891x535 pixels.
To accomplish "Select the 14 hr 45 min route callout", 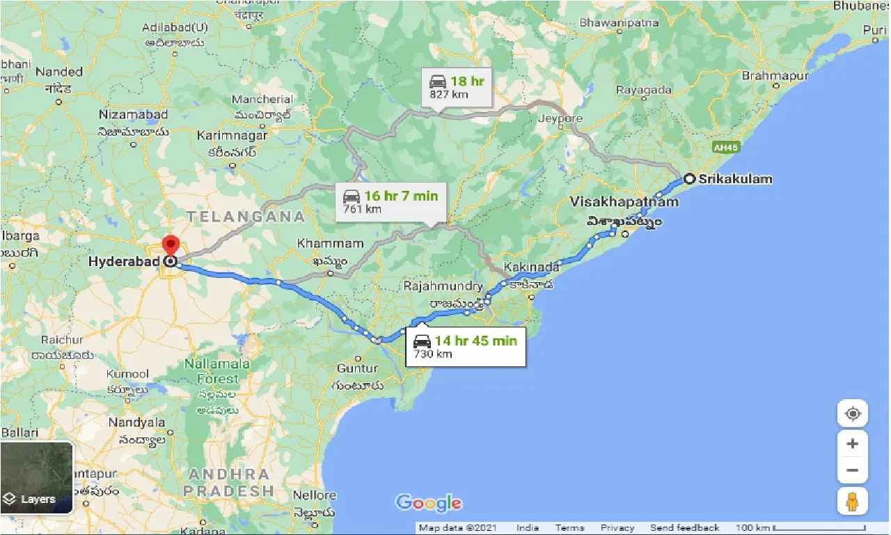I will pos(466,347).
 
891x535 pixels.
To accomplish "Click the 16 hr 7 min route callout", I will pos(388,202).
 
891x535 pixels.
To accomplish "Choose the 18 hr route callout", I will pos(456,87).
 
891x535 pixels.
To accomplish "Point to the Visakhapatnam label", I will pos(624,202).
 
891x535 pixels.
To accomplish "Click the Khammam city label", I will pos(330,244).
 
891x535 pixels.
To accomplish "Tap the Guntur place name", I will pos(356,368).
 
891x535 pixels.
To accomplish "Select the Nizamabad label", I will pos(134,114).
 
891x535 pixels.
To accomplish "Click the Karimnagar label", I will pos(232,134).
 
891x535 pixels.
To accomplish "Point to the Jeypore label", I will pos(560,118).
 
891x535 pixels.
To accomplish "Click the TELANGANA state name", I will pos(245,217).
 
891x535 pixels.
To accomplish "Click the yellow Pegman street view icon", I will pos(852,501).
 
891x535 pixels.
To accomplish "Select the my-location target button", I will pos(852,414).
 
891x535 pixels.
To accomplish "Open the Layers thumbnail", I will pos(36,478).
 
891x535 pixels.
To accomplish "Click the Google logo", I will pos(428,503).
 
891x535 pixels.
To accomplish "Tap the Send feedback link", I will pos(684,528).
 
